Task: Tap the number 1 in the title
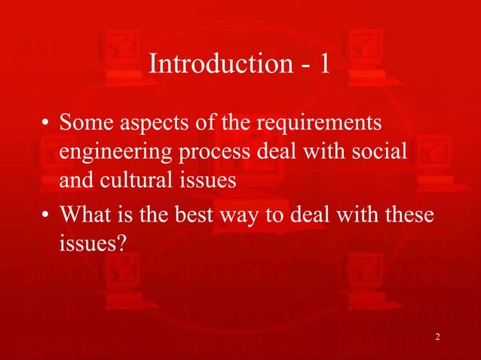click(x=323, y=65)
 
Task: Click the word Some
click(x=84, y=121)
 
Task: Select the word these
click(x=407, y=215)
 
